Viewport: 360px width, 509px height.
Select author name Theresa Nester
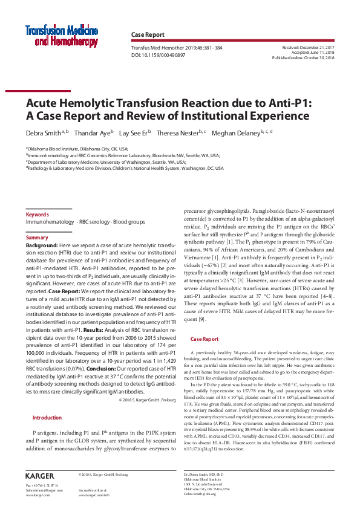click(179, 132)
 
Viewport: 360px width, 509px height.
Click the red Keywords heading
click(37, 215)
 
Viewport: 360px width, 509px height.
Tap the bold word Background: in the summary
click(42, 245)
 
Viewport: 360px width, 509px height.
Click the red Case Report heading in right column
click(205, 339)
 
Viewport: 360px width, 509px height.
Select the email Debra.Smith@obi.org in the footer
click(200, 494)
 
